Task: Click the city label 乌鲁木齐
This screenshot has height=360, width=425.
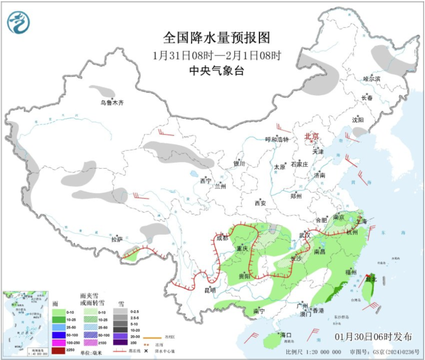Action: (112, 103)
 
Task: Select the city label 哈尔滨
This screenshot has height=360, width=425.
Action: (371, 78)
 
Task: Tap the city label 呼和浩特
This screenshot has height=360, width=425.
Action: (277, 139)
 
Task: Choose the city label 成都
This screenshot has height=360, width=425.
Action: (222, 238)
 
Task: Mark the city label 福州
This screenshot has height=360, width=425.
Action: (351, 272)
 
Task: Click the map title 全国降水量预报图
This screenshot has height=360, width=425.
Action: (216, 38)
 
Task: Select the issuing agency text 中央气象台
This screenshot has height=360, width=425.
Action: (216, 71)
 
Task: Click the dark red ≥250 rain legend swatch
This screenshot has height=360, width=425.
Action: (58, 351)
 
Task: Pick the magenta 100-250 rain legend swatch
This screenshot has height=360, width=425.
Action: (58, 342)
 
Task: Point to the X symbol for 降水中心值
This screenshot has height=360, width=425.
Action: (145, 351)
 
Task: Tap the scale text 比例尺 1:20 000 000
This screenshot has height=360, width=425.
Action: (313, 352)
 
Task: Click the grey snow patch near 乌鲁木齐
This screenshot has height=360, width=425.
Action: (101, 91)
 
